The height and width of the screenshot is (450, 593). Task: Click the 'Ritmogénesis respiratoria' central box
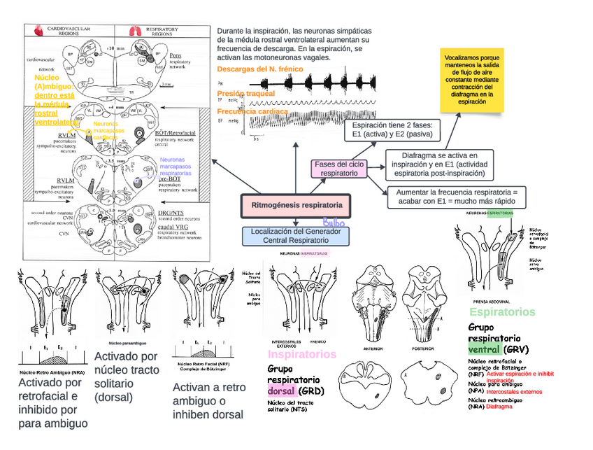[296, 206]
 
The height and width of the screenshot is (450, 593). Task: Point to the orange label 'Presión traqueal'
[245, 93]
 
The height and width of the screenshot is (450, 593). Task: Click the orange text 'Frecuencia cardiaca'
[252, 112]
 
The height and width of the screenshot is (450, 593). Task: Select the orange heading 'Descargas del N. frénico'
[259, 69]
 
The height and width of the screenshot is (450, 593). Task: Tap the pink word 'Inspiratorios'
[302, 354]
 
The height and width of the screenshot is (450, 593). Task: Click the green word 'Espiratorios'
[502, 312]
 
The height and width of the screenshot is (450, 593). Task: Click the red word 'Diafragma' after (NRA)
[499, 406]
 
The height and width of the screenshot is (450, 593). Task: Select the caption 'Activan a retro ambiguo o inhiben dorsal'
[208, 401]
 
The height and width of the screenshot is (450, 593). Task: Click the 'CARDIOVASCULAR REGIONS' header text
[68, 31]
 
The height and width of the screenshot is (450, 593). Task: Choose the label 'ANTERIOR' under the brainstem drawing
[373, 348]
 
